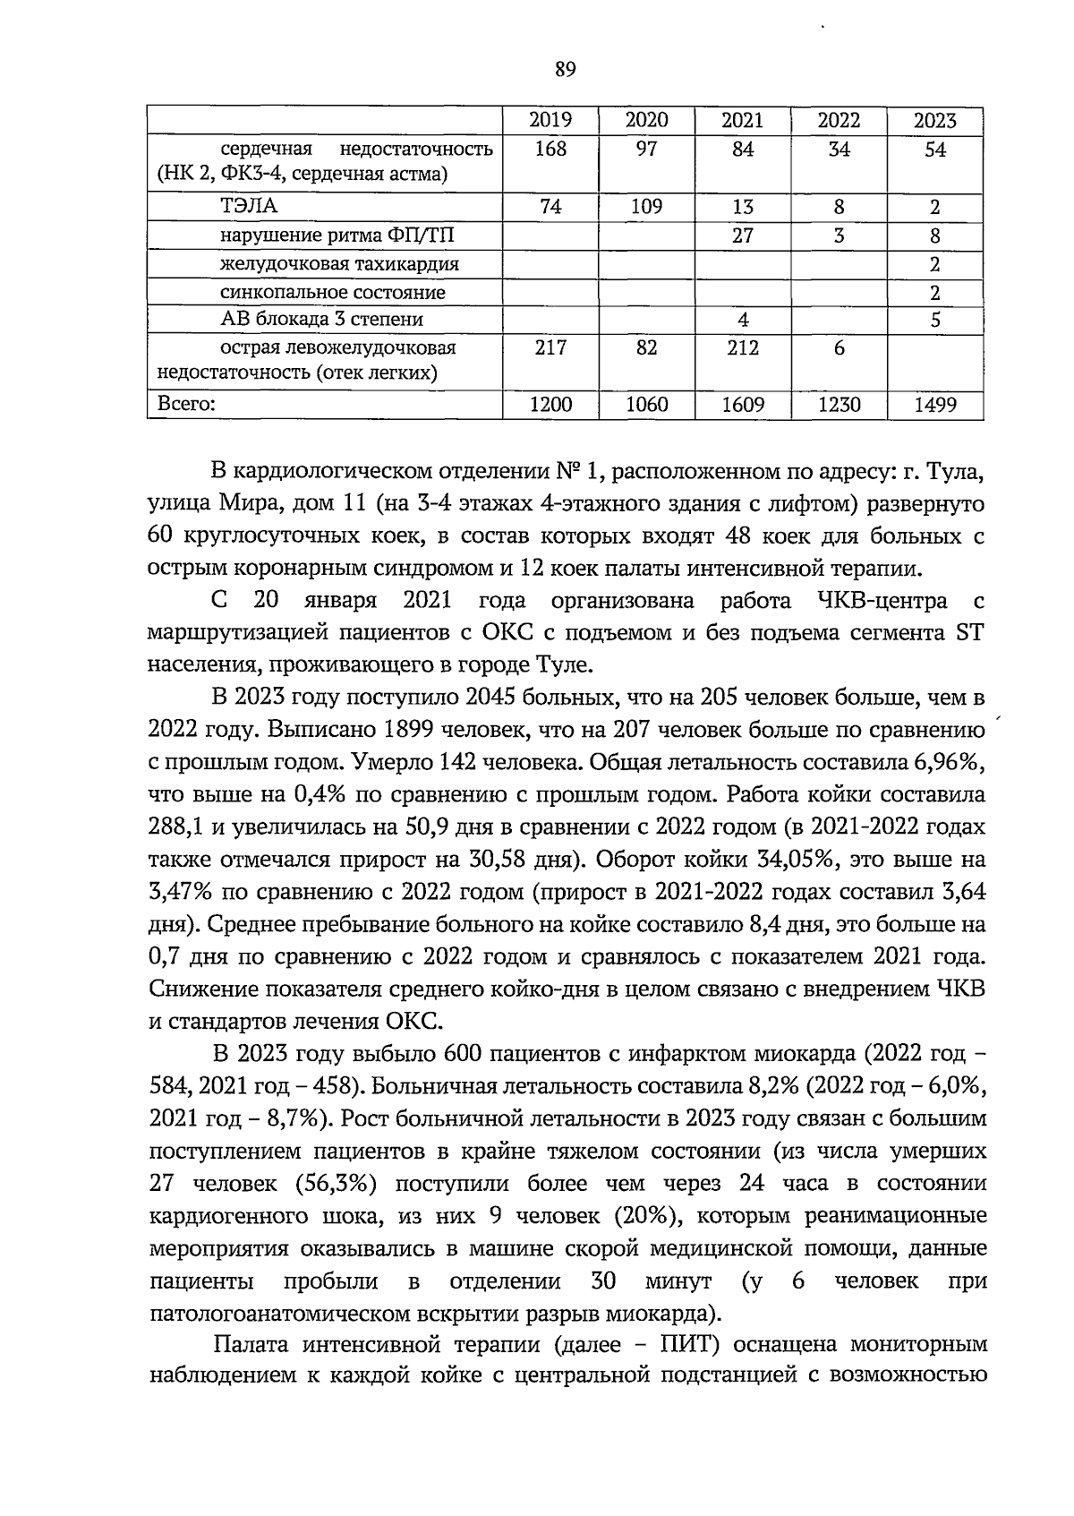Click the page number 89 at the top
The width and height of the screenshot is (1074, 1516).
point(565,70)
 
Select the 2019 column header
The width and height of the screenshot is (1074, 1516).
point(550,121)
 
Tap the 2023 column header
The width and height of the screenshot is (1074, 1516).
point(934,121)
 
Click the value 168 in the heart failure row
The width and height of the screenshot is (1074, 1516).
point(550,150)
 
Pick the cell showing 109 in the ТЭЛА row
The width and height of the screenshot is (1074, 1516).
point(646,207)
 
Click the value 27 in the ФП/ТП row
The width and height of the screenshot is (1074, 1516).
point(743,236)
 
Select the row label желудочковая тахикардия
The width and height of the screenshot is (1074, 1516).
point(340,264)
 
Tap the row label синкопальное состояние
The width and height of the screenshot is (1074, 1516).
point(333,292)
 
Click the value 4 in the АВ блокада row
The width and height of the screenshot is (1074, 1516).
point(743,320)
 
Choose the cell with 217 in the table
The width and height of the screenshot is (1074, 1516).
point(550,347)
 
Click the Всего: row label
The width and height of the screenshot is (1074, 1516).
point(186,405)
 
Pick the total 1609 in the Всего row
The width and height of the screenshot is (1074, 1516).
point(743,405)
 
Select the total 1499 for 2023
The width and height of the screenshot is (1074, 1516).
point(934,405)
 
